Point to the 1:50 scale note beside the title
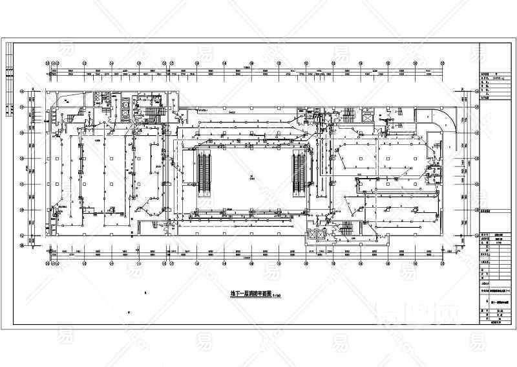click(276, 295)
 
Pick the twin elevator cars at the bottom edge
click(317, 234)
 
